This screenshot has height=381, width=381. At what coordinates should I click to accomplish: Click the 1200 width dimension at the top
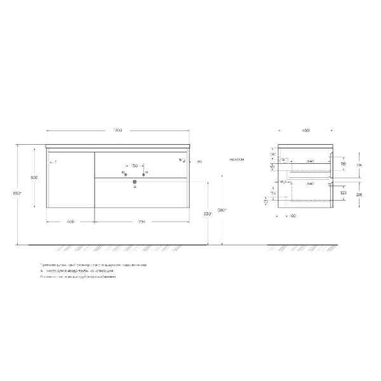pyautogui.click(x=117, y=130)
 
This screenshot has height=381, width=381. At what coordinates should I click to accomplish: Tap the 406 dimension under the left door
pyautogui.click(x=70, y=222)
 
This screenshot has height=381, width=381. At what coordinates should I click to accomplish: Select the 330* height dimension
pyautogui.click(x=206, y=213)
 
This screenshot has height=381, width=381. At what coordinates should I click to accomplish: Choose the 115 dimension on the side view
pyautogui.click(x=344, y=164)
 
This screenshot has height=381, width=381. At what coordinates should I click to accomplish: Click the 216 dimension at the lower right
pyautogui.click(x=359, y=196)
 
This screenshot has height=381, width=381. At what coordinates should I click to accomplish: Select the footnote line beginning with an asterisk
pyautogui.click(x=93, y=264)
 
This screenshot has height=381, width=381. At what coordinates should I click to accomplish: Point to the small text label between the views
pyautogui.click(x=238, y=159)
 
